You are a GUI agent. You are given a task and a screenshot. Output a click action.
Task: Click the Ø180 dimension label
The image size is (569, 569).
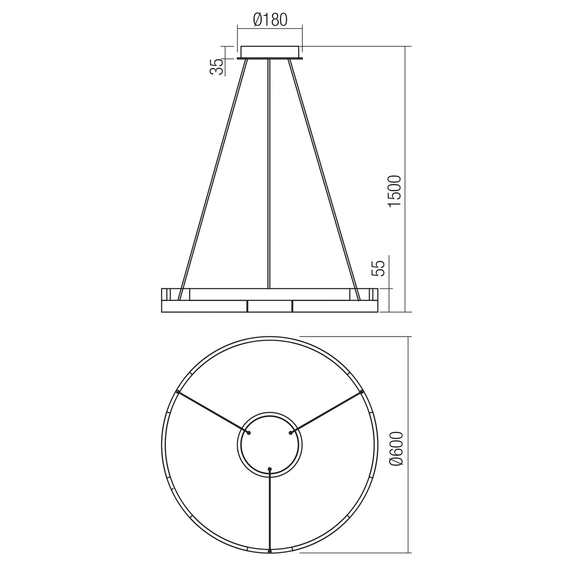270,20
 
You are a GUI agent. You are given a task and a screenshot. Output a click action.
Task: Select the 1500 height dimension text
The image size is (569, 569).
395,191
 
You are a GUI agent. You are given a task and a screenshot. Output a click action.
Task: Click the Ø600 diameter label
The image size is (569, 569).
397,449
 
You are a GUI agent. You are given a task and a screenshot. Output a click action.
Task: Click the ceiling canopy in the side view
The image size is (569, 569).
270,52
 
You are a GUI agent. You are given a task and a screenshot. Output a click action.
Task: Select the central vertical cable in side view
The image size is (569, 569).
269,173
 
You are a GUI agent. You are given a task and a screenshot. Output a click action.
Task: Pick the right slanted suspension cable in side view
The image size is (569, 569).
324,178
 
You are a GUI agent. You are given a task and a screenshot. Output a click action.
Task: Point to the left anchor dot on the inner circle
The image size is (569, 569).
249,433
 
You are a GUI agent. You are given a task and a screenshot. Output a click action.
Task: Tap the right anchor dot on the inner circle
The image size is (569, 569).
291,433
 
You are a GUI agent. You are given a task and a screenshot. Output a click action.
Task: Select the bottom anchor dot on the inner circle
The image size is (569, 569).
270,469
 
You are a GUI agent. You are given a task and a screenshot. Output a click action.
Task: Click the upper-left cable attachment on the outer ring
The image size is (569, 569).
177,391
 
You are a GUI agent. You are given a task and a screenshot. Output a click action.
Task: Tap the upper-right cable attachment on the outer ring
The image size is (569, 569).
362,391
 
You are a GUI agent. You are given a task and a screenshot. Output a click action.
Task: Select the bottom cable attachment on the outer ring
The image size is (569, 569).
270,552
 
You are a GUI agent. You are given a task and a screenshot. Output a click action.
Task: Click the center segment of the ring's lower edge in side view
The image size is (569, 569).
270,306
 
